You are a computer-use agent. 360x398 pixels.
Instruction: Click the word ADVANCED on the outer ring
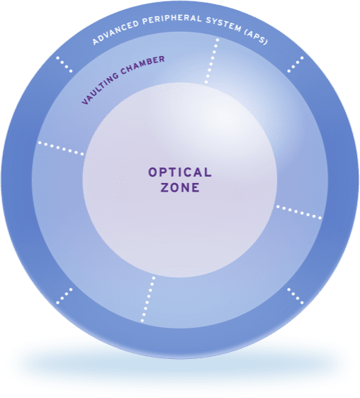pos(116,32)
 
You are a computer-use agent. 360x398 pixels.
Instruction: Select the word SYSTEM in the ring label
pos(224,25)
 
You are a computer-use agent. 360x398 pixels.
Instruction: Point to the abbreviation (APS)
pos(256,37)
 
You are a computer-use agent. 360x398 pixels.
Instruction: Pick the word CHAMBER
pos(142,65)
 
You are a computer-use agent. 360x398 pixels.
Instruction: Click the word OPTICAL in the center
pos(180,172)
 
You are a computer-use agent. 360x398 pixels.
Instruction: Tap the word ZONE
pos(180,187)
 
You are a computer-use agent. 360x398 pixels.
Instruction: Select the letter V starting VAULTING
pos(86,101)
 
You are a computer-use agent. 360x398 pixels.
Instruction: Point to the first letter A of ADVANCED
pos(96,42)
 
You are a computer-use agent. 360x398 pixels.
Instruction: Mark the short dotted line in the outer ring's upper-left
pos(64,65)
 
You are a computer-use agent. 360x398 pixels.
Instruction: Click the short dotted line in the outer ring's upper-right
pos(296,65)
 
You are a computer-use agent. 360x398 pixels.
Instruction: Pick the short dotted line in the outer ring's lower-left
pos(64,296)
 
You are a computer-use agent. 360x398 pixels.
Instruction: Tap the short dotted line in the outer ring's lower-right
pos(296,296)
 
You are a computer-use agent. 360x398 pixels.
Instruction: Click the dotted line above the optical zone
pos(212,61)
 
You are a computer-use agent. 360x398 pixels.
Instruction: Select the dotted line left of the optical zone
pos(61,148)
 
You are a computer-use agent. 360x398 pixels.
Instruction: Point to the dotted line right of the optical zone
pos(299,212)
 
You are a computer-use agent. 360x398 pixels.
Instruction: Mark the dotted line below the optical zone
pos(148,299)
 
